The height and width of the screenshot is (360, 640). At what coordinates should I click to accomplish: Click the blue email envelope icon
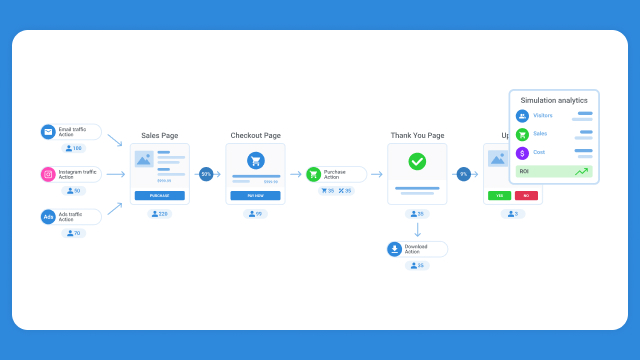(48, 132)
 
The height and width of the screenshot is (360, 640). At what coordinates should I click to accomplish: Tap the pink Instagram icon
(48, 174)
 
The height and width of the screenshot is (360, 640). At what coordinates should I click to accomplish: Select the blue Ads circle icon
(48, 217)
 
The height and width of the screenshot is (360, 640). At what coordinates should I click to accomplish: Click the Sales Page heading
(159, 135)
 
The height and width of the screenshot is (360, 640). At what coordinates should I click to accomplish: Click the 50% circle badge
(206, 174)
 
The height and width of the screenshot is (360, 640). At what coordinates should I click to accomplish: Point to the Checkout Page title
(255, 135)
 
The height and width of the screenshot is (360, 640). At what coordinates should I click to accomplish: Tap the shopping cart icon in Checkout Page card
(255, 160)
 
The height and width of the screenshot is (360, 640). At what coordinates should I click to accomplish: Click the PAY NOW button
(255, 196)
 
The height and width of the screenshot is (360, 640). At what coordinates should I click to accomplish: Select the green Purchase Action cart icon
(313, 174)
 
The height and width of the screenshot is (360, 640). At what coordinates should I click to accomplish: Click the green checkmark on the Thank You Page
(417, 160)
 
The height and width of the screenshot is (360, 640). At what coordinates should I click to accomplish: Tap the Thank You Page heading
(417, 135)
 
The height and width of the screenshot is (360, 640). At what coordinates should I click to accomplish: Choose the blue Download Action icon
(395, 249)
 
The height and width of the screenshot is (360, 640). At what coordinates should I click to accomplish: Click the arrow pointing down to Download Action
(417, 229)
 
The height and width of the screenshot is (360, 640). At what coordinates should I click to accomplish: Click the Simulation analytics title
(554, 100)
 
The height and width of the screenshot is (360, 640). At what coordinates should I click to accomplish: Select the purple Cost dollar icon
(522, 152)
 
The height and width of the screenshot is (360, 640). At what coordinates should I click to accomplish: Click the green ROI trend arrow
(581, 172)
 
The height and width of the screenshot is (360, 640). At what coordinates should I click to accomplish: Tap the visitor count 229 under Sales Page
(160, 214)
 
